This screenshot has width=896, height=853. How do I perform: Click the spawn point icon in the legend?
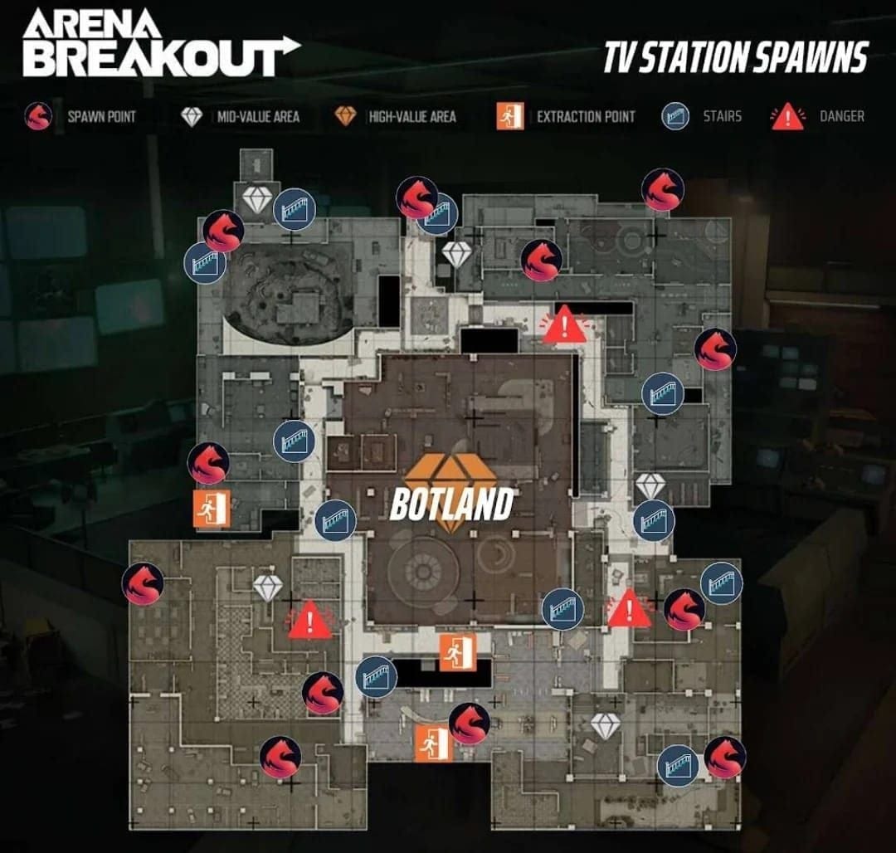pyautogui.click(x=39, y=117)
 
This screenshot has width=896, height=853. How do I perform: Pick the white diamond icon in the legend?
pyautogui.click(x=192, y=117)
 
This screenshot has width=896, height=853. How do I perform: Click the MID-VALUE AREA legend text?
pyautogui.click(x=258, y=117)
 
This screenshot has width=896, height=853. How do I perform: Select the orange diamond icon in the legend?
pyautogui.click(x=345, y=117)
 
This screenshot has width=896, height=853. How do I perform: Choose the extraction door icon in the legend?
pyautogui.click(x=509, y=117)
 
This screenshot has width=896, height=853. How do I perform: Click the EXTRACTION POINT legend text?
pyautogui.click(x=586, y=117)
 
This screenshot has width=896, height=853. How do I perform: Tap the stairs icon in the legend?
pyautogui.click(x=675, y=117)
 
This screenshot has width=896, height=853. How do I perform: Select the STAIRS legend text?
pyautogui.click(x=722, y=117)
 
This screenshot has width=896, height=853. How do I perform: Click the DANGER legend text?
pyautogui.click(x=841, y=117)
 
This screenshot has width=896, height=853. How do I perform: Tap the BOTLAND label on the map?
pyautogui.click(x=450, y=504)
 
